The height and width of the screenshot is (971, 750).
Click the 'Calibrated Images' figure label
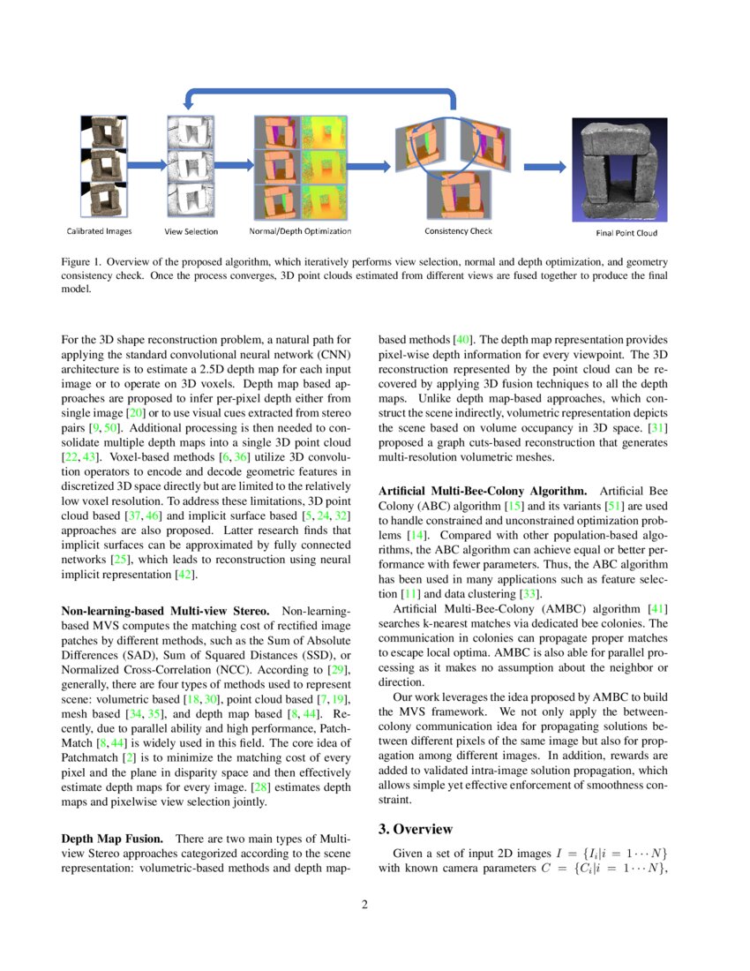[100, 231]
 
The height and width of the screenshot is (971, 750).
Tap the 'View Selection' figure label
[191, 232]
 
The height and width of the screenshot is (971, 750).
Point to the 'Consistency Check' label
[458, 231]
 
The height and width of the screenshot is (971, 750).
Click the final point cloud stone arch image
[621, 167]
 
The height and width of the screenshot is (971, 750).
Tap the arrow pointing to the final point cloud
[544, 166]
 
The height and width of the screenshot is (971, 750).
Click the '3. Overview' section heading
[416, 829]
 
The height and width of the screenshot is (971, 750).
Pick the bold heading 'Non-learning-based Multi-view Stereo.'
[167, 610]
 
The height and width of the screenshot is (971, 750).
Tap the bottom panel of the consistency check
[458, 193]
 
